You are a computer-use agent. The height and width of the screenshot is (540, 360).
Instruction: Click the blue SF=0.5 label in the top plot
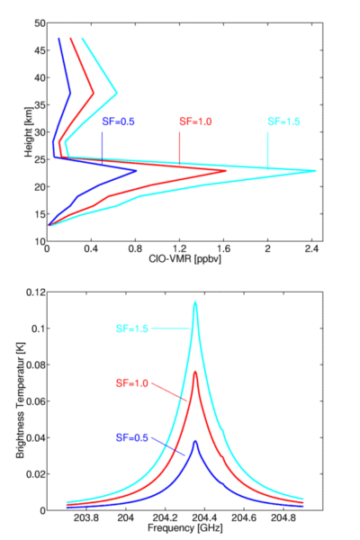118,121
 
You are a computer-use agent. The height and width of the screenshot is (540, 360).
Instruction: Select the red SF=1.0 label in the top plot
195,121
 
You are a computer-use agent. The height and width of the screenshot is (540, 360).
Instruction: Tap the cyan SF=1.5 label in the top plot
283,121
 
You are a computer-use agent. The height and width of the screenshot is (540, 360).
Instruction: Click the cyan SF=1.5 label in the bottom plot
132,328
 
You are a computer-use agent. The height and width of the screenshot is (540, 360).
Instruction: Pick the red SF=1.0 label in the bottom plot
132,383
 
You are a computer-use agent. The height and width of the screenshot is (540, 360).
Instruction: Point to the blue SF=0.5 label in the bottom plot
132,437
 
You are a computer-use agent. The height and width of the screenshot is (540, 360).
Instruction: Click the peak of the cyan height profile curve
315,171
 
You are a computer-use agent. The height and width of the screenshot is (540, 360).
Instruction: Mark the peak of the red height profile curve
226,171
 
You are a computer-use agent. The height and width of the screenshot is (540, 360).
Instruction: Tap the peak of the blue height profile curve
136,171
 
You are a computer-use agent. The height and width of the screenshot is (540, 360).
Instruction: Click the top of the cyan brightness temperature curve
195,302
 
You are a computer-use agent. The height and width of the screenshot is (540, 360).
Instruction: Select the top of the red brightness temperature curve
195,372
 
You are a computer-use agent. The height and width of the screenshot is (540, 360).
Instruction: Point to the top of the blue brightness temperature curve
195,442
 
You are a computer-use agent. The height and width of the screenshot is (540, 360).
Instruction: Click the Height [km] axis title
29,132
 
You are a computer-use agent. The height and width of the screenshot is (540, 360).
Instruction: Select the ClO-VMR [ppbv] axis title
184,259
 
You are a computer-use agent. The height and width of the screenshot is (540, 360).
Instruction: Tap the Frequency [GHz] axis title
185,528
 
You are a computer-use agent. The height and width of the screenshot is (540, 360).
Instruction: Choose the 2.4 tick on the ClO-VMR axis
311,249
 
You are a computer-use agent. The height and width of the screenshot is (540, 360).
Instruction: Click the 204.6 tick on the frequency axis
244,518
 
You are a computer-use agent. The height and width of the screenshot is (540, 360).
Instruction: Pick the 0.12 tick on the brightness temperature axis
35,292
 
